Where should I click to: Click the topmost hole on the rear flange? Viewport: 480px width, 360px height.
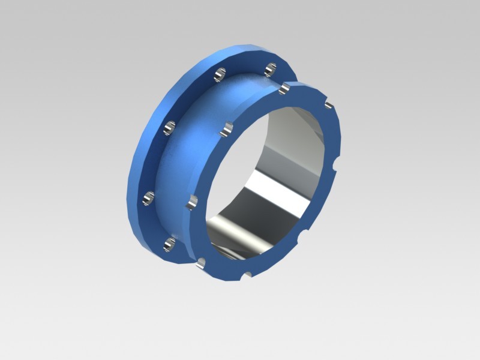point(271,67)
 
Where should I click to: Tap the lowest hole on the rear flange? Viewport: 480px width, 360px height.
point(170,244)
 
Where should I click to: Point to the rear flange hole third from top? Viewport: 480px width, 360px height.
point(170,127)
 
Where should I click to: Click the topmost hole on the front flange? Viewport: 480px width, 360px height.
point(285,88)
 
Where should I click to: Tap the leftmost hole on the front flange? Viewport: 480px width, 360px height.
point(190,202)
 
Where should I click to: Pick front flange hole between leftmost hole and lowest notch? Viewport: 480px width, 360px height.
point(201,262)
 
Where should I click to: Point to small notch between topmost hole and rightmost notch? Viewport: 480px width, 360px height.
point(328,106)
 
